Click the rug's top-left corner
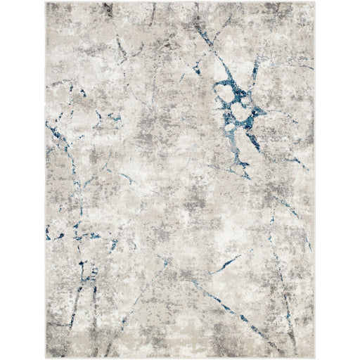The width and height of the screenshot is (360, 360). (x=46, y=4)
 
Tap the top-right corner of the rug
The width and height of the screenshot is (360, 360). (x=314, y=4)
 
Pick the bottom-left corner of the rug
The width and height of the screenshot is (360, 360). (x=46, y=356)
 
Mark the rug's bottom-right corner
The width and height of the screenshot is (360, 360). (x=314, y=356)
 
